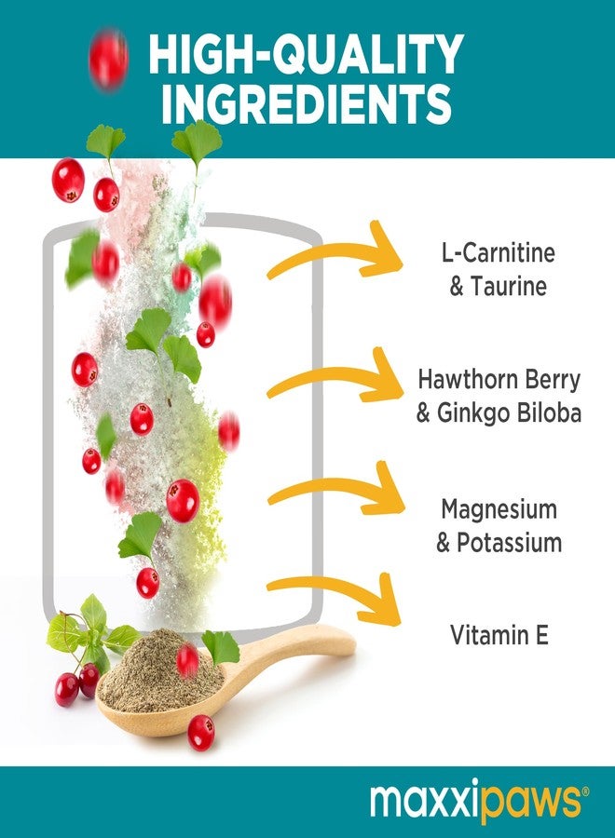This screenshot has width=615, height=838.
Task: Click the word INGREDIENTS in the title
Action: (307, 103)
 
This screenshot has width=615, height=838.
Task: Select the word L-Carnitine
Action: (498, 252)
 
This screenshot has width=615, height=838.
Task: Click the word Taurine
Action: (509, 286)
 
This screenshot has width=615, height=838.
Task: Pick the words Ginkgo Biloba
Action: (509, 413)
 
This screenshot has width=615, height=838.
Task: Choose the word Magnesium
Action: (499, 509)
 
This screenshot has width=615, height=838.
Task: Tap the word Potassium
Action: (509, 543)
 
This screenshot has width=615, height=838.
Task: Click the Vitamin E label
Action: (499, 635)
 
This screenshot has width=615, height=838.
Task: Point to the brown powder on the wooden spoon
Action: (160, 671)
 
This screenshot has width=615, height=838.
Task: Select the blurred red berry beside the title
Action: (108, 59)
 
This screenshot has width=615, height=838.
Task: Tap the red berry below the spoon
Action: (201, 732)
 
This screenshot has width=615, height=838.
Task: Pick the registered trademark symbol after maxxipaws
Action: (585, 791)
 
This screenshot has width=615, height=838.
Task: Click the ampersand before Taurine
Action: (457, 287)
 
